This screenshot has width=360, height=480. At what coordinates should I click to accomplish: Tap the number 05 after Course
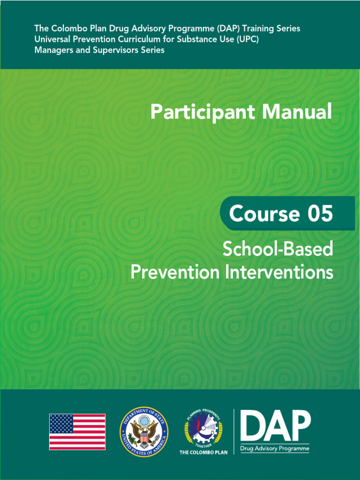coord(320,214)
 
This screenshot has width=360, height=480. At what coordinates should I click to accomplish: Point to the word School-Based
coord(277,249)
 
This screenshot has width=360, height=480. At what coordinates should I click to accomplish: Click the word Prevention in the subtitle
coord(174,272)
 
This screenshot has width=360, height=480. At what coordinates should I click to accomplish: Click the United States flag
coord(77,432)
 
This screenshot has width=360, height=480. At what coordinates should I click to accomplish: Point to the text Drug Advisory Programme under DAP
coord(275,449)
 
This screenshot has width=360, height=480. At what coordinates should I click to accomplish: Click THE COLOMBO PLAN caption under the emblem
coord(203,452)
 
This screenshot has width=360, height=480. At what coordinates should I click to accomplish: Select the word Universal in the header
coord(52,39)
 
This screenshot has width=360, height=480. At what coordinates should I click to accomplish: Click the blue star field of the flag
coord(61,423)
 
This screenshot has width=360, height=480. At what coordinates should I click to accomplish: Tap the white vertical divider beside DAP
coord(234,431)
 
